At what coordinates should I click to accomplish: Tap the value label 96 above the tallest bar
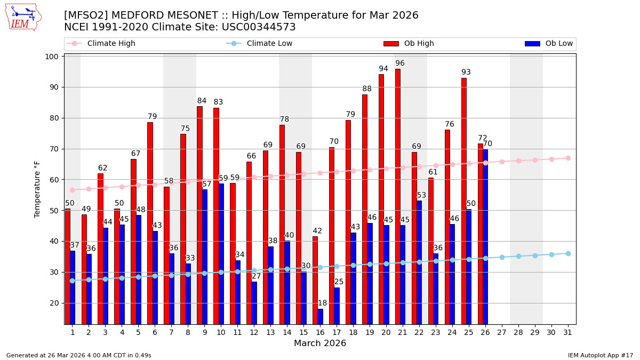tap(400, 63)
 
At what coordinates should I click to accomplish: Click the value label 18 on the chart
tap(322, 303)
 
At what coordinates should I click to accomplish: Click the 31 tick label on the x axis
tap(568, 332)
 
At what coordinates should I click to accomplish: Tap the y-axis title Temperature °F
tap(37, 189)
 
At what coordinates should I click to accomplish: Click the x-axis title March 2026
tap(320, 343)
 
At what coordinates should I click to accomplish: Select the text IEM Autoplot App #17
tap(600, 355)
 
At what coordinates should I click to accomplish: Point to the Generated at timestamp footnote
tap(79, 355)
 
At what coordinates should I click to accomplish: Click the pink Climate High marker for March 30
tap(551, 159)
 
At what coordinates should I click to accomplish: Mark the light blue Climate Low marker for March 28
tap(518, 256)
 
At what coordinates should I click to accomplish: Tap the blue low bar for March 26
tap(485, 237)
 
